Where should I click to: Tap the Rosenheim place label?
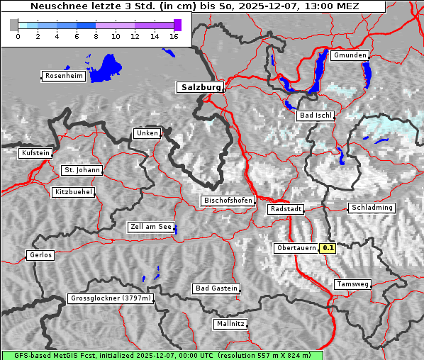tap(62, 76)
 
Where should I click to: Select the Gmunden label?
tap(350, 55)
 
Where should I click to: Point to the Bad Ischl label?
tap(315, 116)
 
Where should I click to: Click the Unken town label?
tap(147, 133)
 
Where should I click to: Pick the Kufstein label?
tap(35, 153)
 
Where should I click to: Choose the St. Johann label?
tap(82, 170)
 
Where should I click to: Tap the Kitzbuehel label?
tap(73, 192)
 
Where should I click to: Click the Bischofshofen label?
tap(228, 201)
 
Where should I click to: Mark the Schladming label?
tap(372, 208)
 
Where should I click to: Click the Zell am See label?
tap(150, 227)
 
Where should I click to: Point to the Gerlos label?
tap(40, 255)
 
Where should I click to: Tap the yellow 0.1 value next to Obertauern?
tap(328, 248)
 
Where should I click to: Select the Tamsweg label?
tap(352, 284)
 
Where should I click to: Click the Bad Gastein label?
tap(216, 288)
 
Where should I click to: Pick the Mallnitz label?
tap(230, 324)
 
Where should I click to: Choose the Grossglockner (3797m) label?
tap(111, 299)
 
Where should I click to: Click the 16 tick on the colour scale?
tap(174, 36)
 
